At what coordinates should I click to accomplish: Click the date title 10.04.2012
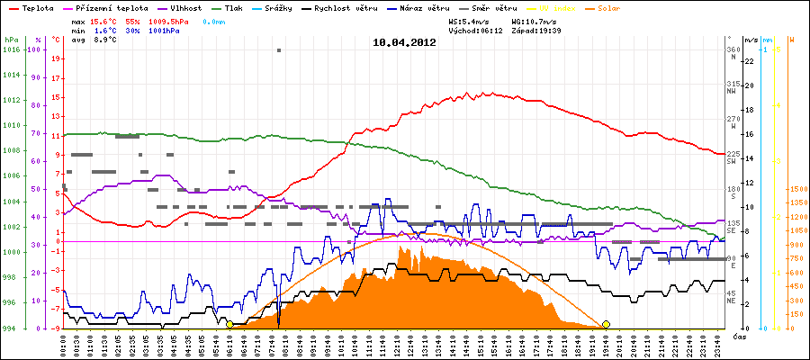[405, 41]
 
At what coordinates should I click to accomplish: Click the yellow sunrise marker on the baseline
[229, 324]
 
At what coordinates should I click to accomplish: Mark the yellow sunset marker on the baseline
[606, 324]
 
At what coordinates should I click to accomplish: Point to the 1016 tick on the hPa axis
[12, 49]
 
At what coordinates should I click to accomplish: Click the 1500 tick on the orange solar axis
[796, 189]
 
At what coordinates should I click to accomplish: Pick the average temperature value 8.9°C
[106, 40]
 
